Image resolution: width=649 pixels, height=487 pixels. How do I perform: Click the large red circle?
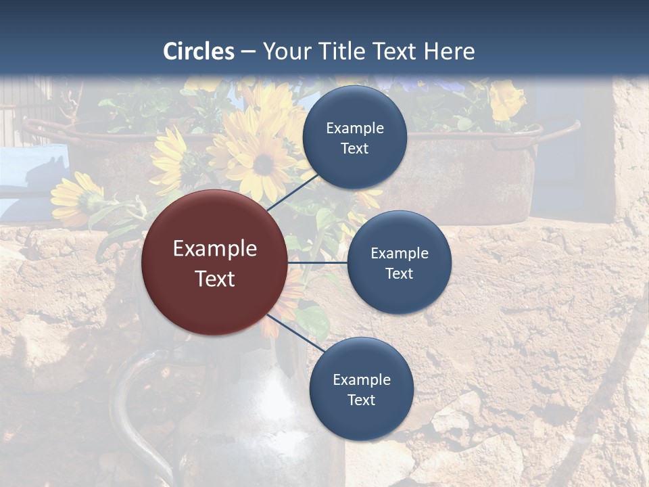click(x=215, y=262)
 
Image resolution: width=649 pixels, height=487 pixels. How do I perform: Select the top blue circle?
click(x=355, y=137)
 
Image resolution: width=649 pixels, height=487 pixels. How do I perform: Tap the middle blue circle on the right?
click(x=399, y=262)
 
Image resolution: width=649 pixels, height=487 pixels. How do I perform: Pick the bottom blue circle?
click(x=361, y=389)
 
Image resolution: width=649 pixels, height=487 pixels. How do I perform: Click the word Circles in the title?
click(x=199, y=51)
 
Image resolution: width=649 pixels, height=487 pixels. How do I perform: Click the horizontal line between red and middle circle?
click(x=317, y=262)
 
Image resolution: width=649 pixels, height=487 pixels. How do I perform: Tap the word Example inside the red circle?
click(x=215, y=248)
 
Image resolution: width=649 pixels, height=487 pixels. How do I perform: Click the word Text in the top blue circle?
click(x=355, y=148)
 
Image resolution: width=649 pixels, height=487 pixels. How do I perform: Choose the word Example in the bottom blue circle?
click(x=361, y=379)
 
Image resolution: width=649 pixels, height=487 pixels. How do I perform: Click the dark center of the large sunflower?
click(x=264, y=164)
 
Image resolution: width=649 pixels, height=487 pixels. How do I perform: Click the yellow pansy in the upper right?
click(x=507, y=100)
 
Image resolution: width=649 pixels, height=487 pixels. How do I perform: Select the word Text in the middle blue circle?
click(x=399, y=273)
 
